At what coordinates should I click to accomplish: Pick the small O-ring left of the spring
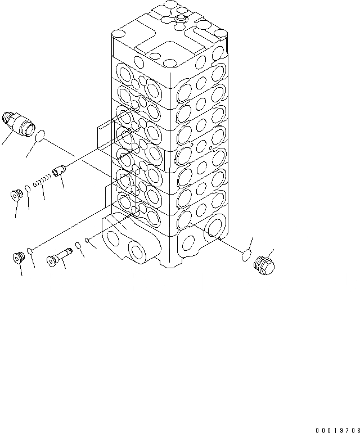coord(29,188)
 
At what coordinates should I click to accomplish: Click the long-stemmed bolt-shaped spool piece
coord(59,256)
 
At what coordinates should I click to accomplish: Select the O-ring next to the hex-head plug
coord(245,256)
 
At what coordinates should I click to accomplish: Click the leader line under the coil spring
coord(42,196)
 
